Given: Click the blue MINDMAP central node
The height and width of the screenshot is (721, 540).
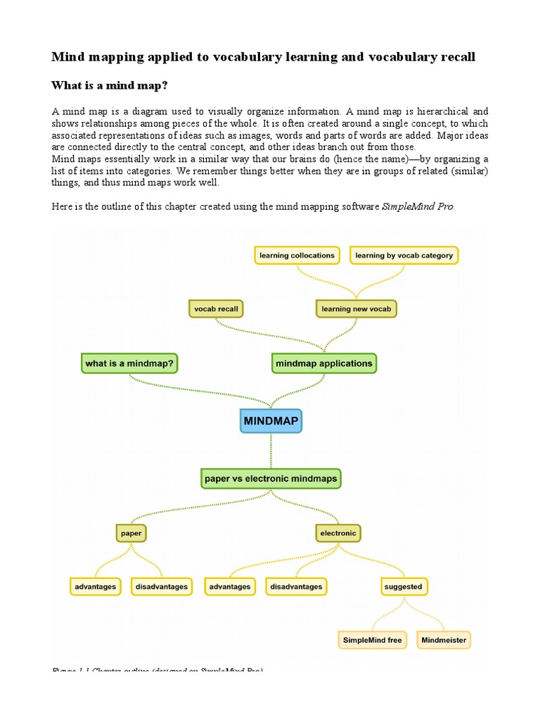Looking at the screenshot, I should pos(271,421).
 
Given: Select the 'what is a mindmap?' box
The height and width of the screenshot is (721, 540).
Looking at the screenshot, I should pos(130,363).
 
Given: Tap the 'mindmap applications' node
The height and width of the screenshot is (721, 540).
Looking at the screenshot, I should pos(324,363).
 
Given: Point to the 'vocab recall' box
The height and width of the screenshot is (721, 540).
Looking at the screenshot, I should pos(215,308).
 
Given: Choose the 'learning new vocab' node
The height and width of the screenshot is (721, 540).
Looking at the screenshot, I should pos(356,308).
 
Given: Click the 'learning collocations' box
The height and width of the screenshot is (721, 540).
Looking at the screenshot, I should pos(296,255).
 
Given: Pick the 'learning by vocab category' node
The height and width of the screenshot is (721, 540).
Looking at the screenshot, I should pos(404,255).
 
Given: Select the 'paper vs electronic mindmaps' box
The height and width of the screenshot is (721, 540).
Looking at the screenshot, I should pos(271,479).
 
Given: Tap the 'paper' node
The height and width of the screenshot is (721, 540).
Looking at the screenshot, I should pos(131,533).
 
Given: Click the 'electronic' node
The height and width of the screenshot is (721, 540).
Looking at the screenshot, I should pos(338,533).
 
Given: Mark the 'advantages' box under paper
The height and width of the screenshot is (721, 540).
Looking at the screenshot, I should pos(96,587).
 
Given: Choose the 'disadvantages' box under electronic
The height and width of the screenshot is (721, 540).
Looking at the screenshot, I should pos(295,587).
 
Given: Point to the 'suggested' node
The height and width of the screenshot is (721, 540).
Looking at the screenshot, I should pos(404,587).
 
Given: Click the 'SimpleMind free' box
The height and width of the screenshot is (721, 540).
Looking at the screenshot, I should pos(372,641).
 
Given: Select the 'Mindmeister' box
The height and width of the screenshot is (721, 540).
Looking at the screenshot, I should pos(443,641).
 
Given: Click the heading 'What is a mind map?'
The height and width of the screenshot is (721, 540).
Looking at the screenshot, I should pos(110,85).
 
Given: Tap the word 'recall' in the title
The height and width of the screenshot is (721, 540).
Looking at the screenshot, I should pos(458,57).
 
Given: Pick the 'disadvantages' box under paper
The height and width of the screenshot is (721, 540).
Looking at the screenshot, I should pos(162,587).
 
